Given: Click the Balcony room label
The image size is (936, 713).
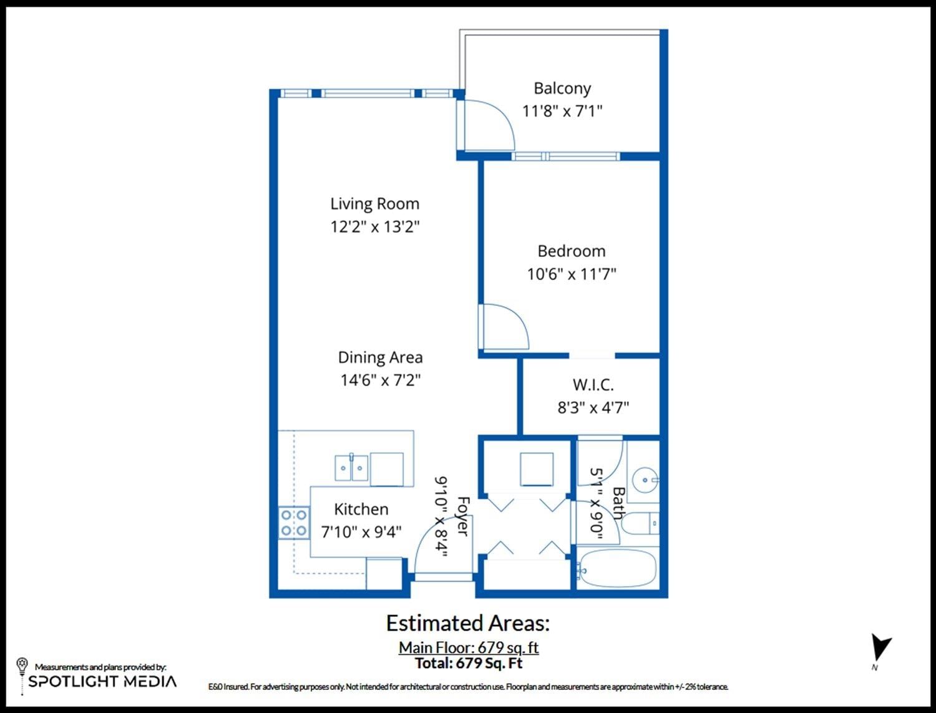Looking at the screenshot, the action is click(x=562, y=89).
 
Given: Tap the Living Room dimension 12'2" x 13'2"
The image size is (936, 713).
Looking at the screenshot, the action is click(x=375, y=226).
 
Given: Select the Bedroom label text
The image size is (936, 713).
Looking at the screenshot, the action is click(x=572, y=251).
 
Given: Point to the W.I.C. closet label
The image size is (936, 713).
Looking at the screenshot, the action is click(x=593, y=385).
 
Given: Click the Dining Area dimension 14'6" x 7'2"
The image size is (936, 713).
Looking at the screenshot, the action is click(x=381, y=380).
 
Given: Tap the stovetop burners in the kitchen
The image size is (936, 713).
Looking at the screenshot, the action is click(x=294, y=523).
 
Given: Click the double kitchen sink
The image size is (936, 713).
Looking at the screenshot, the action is click(x=351, y=467).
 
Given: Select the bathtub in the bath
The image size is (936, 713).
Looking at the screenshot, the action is click(x=616, y=570).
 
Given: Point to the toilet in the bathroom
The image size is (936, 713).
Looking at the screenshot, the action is click(x=640, y=523).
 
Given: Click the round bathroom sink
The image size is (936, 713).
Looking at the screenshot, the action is click(x=645, y=480).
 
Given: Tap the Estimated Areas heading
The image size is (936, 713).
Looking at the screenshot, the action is click(x=468, y=623).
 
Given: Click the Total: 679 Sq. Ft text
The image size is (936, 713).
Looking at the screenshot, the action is click(x=469, y=663).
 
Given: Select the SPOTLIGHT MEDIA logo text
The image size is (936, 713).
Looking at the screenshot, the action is click(x=102, y=681).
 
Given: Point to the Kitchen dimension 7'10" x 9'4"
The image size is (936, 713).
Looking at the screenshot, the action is click(x=361, y=532).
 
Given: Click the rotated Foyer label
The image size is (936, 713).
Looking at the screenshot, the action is click(x=463, y=516).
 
